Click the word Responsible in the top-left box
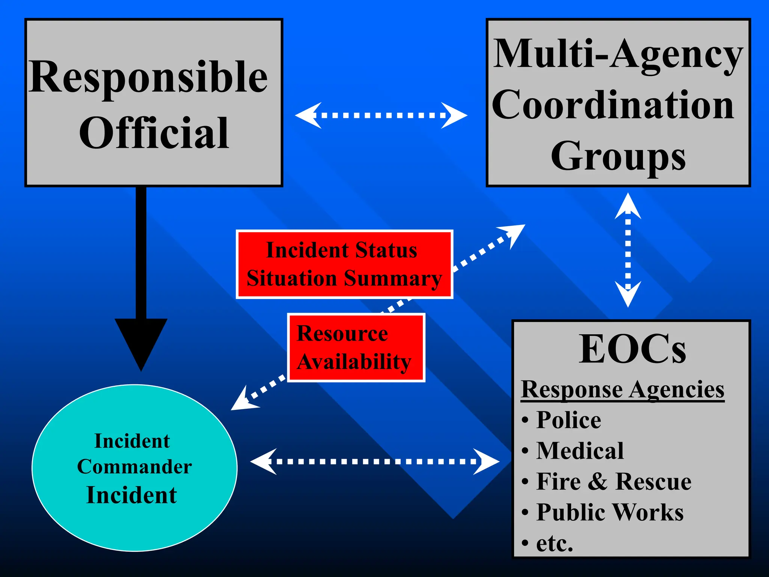(148, 78)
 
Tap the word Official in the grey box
(154, 133)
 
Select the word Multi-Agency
(618, 56)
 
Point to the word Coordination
(613, 106)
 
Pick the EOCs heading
(632, 349)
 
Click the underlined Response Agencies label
(623, 390)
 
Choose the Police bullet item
(568, 420)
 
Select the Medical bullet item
(580, 451)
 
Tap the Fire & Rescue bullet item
(614, 482)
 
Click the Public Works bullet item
(610, 512)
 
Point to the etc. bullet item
(554, 543)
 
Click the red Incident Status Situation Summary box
(344, 264)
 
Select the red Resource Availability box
(356, 348)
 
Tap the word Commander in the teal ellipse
(134, 467)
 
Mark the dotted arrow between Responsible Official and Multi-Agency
(381, 115)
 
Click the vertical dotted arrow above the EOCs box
(628, 250)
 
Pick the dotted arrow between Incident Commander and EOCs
(374, 461)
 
